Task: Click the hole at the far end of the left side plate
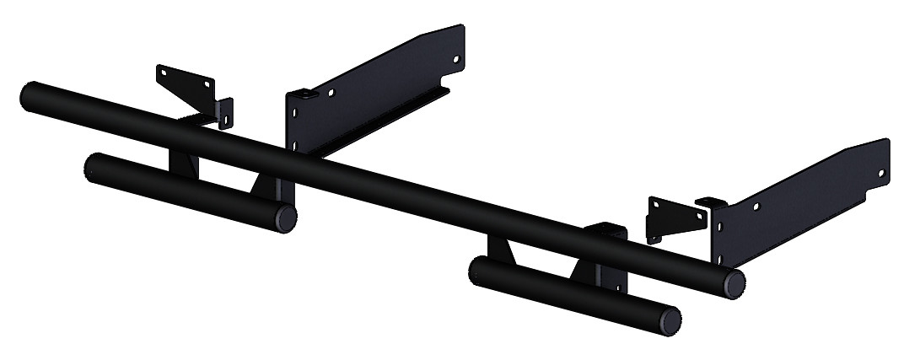tap(455, 60)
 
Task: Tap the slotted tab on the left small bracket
tap(224, 114)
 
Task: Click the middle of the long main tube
tap(379, 186)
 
